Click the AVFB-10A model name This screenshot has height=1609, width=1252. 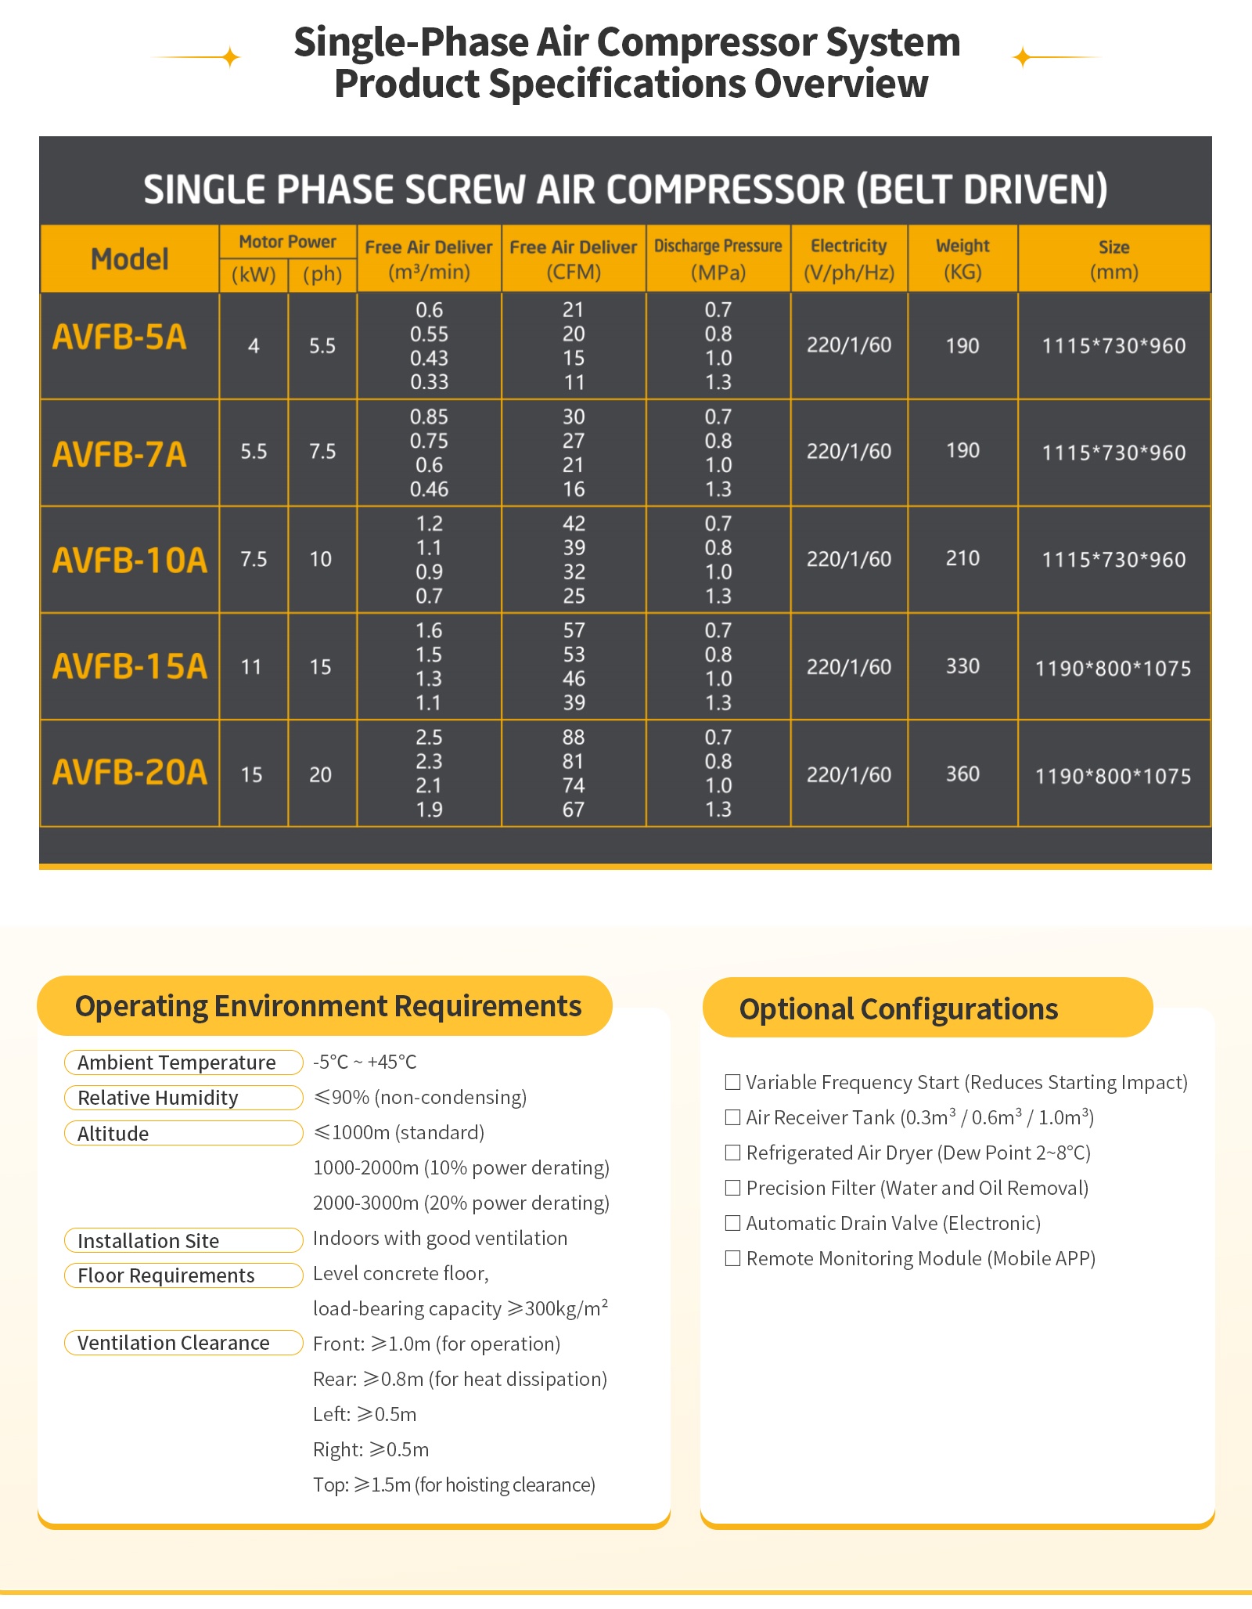tap(130, 560)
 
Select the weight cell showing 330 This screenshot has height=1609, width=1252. tap(962, 666)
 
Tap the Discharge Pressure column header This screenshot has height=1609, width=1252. tap(718, 258)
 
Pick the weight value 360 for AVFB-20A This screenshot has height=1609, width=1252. tap(962, 774)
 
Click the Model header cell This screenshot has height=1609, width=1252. tap(130, 258)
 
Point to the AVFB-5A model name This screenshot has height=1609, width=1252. tap(120, 337)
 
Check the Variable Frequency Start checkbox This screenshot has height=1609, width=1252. tap(732, 1082)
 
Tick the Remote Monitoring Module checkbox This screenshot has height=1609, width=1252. tap(732, 1258)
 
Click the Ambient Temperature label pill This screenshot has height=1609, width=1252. tap(183, 1062)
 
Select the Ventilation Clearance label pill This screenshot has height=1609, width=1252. tap(183, 1343)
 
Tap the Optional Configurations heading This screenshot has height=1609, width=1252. tap(898, 1008)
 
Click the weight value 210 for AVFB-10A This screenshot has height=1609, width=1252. tap(962, 558)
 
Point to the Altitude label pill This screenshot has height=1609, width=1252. tap(183, 1133)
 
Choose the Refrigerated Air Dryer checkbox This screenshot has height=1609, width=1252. tap(732, 1153)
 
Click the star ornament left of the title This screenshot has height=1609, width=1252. tap(230, 57)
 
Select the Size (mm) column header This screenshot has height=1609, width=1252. tap(1113, 258)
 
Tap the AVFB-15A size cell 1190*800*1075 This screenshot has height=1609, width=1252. tap(1113, 668)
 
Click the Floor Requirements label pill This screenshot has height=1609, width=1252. tap(183, 1275)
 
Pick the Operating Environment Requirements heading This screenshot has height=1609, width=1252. tap(328, 1006)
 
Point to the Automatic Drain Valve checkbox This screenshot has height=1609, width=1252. tap(732, 1223)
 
